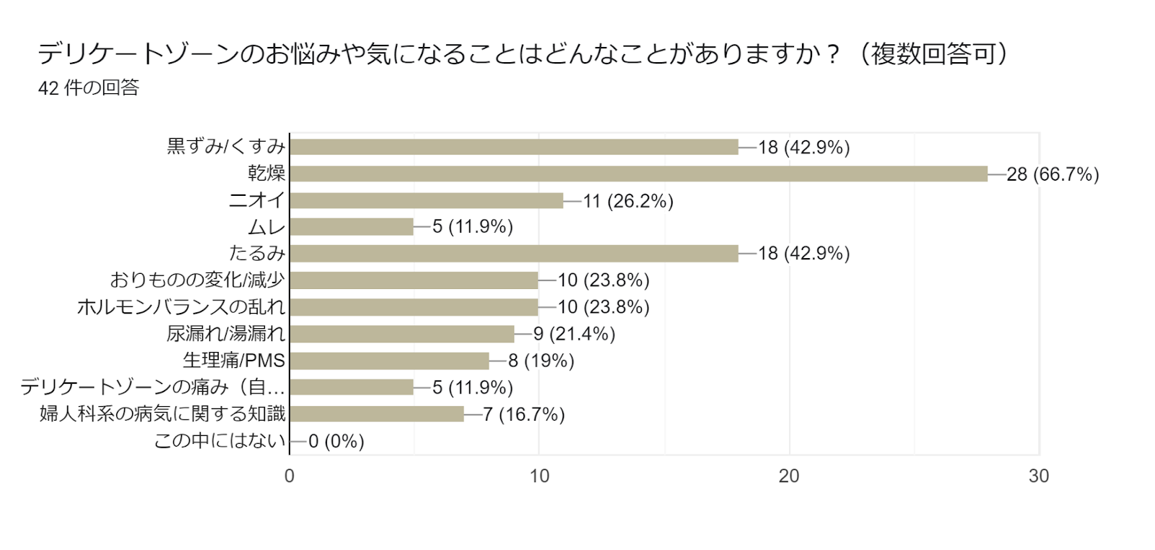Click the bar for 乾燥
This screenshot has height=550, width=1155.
tap(638, 173)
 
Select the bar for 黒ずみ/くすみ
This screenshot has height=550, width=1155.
tap(514, 147)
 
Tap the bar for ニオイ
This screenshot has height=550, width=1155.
tap(426, 200)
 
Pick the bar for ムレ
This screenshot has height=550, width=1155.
tap(352, 227)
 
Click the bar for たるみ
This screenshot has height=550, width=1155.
tap(514, 253)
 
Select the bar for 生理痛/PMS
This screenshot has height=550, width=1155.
tap(389, 360)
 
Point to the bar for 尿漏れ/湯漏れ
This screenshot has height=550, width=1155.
tap(401, 333)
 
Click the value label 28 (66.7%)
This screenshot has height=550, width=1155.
tap(1052, 174)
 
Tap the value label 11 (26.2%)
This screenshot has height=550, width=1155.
tap(628, 201)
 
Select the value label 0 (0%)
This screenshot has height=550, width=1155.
tap(336, 441)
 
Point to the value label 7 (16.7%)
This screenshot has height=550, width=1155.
tap(524, 414)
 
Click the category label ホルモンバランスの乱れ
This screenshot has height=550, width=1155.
tap(181, 307)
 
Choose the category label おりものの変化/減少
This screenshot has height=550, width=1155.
tap(198, 280)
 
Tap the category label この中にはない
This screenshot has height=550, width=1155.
tap(220, 441)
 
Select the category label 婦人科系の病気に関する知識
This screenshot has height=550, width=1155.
tap(163, 414)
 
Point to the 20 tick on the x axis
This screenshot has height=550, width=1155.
tap(789, 476)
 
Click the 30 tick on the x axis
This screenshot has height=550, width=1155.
tap(1039, 476)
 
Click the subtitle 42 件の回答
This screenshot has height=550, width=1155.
tap(89, 88)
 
